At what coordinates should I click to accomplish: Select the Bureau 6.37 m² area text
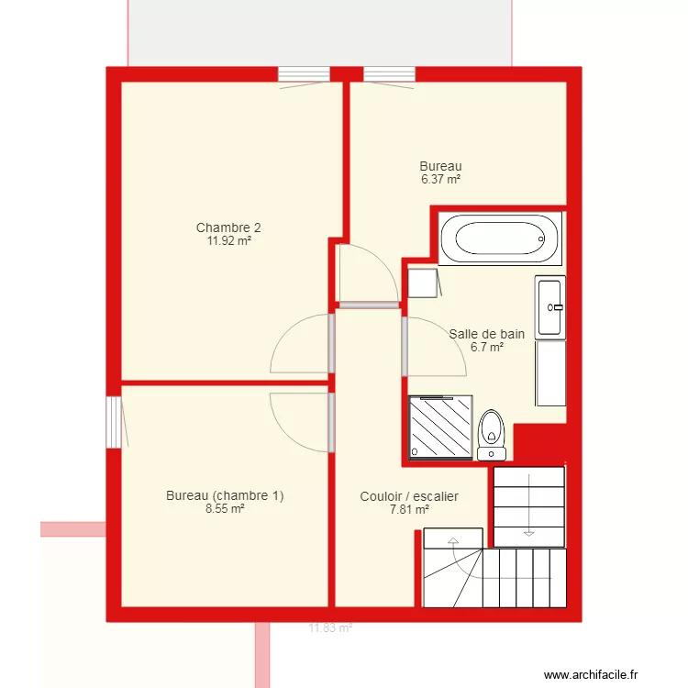tap(440, 180)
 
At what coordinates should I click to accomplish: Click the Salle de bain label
tap(486, 334)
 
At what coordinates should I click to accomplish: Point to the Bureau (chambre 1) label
tap(225, 495)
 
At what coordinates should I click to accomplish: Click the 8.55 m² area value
tap(225, 508)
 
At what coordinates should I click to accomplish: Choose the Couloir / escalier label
tap(409, 496)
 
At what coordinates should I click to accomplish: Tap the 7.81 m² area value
tap(409, 509)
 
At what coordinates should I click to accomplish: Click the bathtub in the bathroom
tap(500, 239)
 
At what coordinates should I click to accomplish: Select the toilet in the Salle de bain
tap(493, 434)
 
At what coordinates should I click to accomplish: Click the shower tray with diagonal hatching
tap(440, 427)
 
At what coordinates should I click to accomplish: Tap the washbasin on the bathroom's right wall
tap(550, 307)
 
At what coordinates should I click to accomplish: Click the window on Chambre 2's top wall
tap(304, 74)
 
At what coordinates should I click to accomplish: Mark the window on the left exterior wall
tap(114, 422)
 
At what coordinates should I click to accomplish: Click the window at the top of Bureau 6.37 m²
tap(389, 74)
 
